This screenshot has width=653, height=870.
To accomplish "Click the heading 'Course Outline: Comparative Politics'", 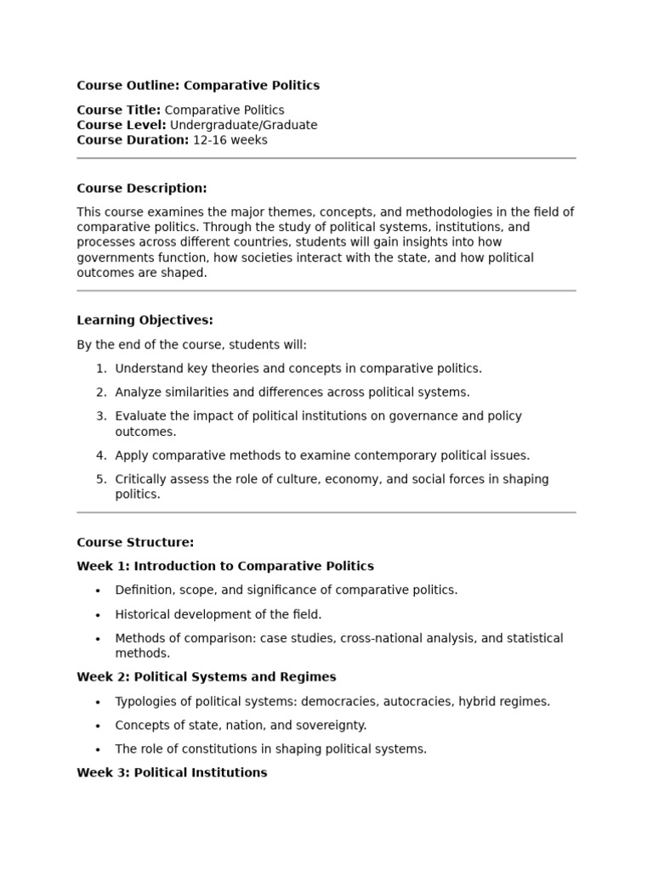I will coord(198,85).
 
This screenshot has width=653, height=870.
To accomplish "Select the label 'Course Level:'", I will coord(122,125).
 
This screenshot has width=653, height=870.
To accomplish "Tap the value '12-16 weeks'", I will coord(230,140).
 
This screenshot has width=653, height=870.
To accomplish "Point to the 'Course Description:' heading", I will coord(142,188).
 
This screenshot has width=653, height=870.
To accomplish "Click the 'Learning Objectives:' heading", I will coord(145,320).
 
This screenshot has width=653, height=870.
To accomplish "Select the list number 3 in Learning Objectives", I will coord(101,416).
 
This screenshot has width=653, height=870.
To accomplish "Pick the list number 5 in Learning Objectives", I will coord(101,479).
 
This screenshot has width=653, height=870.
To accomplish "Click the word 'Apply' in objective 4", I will coord(132,455).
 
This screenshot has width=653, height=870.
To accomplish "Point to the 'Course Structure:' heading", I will coord(135,542).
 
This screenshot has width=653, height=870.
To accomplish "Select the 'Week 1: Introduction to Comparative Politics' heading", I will coord(225,566).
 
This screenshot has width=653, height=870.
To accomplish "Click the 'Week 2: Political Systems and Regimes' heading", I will coord(207,677).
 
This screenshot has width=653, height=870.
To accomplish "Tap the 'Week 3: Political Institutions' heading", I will coord(172,772).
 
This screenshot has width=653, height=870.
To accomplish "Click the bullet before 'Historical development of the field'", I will coord(98,615).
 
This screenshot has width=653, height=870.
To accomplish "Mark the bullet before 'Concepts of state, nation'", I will coord(98,726).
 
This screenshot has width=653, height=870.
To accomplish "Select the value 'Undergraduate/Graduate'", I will coord(244,125).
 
